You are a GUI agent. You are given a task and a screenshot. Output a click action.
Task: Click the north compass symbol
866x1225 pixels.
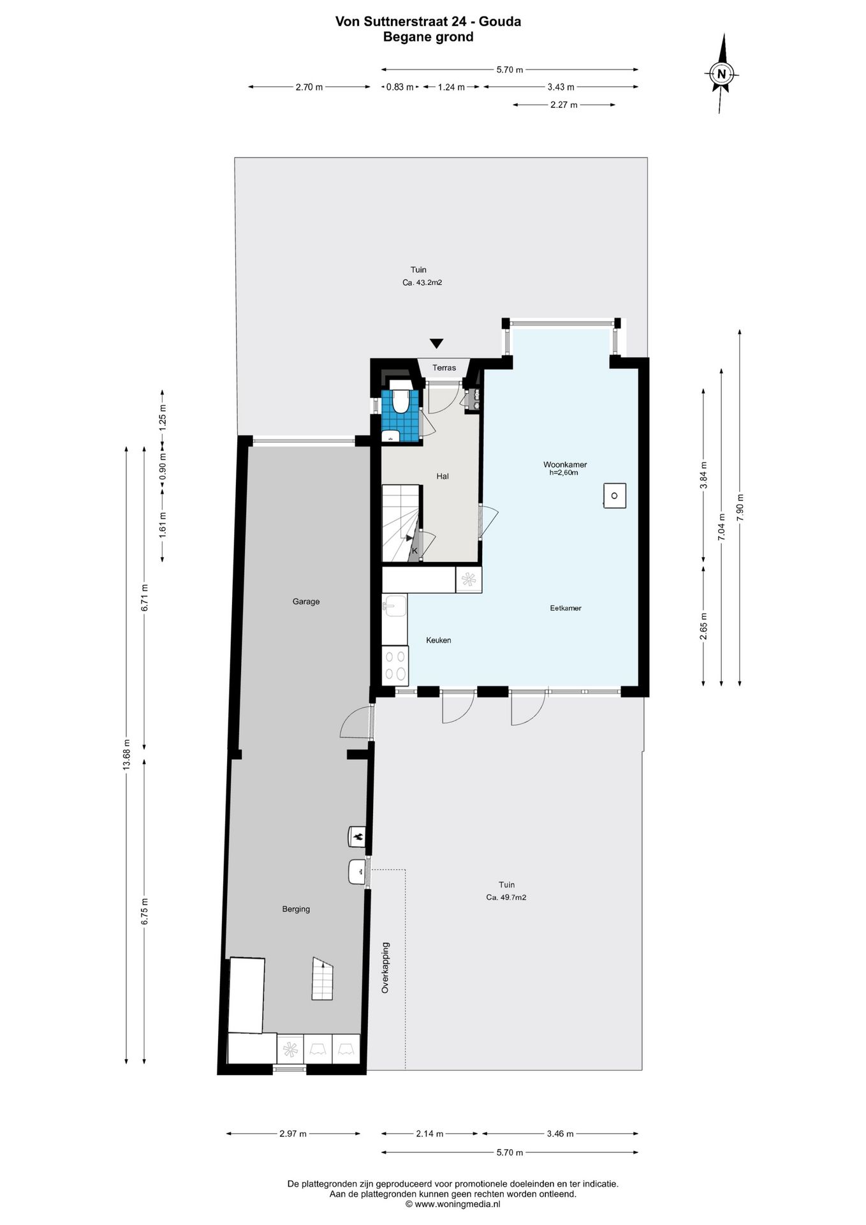click(722, 73)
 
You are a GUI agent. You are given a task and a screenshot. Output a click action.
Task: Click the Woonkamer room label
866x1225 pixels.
click(565, 464)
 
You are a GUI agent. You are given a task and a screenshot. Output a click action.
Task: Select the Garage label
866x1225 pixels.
click(306, 601)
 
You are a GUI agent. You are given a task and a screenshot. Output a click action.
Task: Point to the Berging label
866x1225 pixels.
click(296, 909)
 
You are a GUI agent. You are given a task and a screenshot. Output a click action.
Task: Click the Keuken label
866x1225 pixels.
click(439, 640)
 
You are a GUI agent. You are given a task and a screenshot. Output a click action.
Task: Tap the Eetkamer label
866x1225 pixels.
click(566, 608)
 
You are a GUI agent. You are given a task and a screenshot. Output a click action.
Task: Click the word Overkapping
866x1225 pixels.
click(385, 968)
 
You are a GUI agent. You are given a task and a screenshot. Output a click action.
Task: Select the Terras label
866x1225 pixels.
click(444, 367)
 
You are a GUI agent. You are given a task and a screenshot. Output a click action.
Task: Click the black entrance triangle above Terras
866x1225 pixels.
click(436, 343)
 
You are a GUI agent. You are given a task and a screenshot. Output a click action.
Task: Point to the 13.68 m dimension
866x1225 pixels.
click(126, 755)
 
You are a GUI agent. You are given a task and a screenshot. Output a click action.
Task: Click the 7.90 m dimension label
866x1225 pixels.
click(740, 508)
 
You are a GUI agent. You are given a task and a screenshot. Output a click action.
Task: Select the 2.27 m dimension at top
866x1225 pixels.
click(564, 105)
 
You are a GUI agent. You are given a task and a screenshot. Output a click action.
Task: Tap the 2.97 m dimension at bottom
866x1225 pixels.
click(293, 1134)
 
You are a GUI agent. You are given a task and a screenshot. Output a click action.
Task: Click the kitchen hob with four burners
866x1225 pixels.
click(395, 665)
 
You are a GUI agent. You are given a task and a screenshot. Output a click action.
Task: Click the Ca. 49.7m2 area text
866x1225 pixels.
click(506, 897)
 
